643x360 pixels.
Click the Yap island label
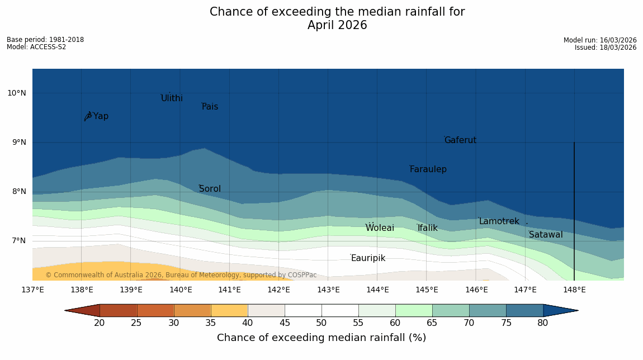pyautogui.click(x=101, y=116)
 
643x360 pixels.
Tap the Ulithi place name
pyautogui.click(x=172, y=98)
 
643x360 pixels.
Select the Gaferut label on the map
pyautogui.click(x=460, y=140)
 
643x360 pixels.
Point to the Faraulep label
pyautogui.click(x=428, y=169)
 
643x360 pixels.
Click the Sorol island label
pyautogui.click(x=210, y=189)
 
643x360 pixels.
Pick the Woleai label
pyautogui.click(x=380, y=228)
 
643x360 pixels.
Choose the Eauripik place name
pyautogui.click(x=368, y=258)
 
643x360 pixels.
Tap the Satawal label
pyautogui.click(x=546, y=235)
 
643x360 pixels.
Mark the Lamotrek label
pyautogui.click(x=499, y=221)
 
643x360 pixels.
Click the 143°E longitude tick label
pyautogui.click(x=328, y=290)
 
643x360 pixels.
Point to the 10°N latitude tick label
pyautogui.click(x=17, y=93)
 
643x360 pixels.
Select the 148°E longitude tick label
pyautogui.click(x=574, y=290)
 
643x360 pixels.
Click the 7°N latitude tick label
pyautogui.click(x=18, y=241)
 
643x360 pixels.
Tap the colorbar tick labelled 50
pyautogui.click(x=321, y=323)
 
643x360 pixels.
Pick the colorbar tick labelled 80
pyautogui.click(x=543, y=323)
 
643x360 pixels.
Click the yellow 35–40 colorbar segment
pyautogui.click(x=229, y=310)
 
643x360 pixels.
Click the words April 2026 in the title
pyautogui.click(x=337, y=25)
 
